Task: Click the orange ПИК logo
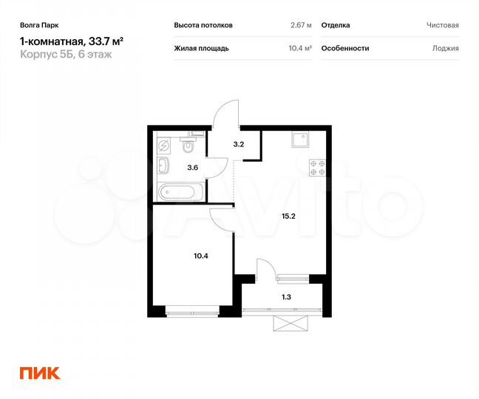[x=39, y=373]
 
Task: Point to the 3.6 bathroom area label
[x=192, y=168]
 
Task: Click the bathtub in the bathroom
[x=178, y=192]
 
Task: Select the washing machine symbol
[x=165, y=145]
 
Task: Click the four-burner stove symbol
[x=318, y=168]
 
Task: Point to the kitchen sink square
[x=299, y=140]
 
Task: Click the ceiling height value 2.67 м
[x=301, y=25]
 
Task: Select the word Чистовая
[x=442, y=25]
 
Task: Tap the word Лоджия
[x=446, y=48]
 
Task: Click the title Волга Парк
[x=37, y=24]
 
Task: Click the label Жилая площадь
[x=201, y=48]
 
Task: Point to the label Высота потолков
[x=203, y=25]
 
